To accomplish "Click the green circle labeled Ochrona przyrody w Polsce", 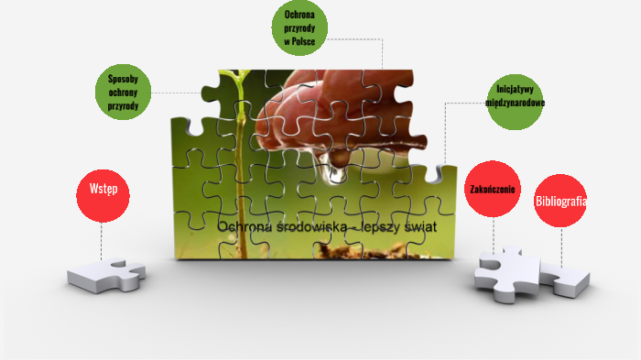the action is tap(299, 27).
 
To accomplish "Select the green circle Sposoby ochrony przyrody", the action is tap(123, 92).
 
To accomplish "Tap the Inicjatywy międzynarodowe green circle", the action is tap(515, 102).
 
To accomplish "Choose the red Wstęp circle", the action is tap(103, 196).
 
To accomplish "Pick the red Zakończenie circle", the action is tap(493, 189).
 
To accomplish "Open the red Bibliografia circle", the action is tap(560, 201).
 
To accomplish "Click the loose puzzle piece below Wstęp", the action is tap(107, 275).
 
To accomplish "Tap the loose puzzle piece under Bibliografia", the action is tap(566, 279).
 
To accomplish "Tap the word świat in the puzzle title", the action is tap(420, 227).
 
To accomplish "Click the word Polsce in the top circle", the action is tap(303, 41).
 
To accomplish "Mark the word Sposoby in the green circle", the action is tap(123, 79).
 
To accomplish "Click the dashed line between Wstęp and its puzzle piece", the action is tap(102, 241).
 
